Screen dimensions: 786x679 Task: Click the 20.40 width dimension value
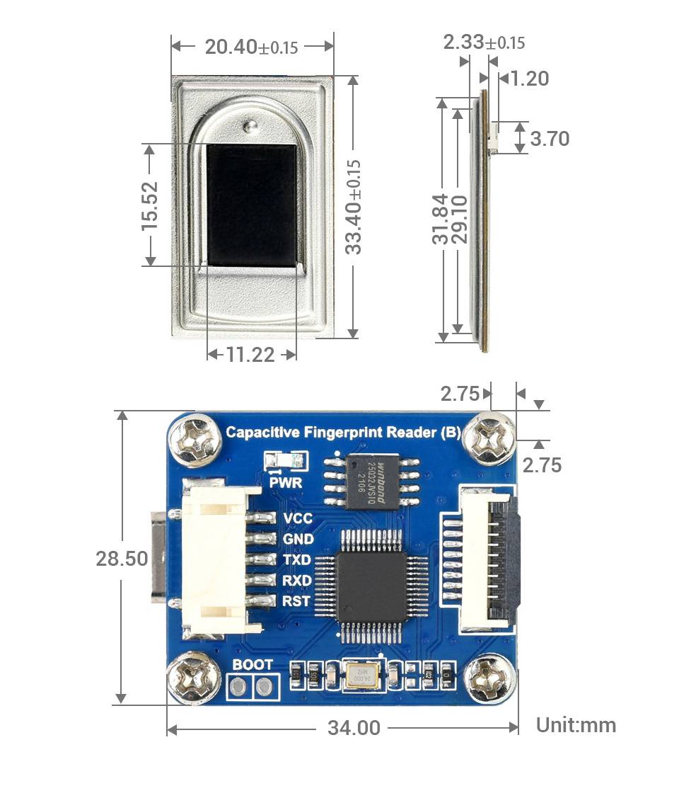click(250, 47)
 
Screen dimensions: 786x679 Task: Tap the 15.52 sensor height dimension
click(149, 206)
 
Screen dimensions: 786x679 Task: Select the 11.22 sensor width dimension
click(250, 354)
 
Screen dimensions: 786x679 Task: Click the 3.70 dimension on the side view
click(550, 138)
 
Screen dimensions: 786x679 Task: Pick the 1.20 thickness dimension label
click(529, 79)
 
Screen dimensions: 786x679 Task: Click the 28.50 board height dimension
click(122, 558)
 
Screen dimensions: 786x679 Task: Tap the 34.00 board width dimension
click(354, 727)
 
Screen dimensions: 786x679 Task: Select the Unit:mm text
click(576, 725)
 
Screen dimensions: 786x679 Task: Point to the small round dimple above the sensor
click(249, 127)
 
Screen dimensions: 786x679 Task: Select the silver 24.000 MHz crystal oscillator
click(361, 676)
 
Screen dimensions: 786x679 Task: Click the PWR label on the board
click(286, 483)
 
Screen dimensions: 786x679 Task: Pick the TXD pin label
click(297, 559)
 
